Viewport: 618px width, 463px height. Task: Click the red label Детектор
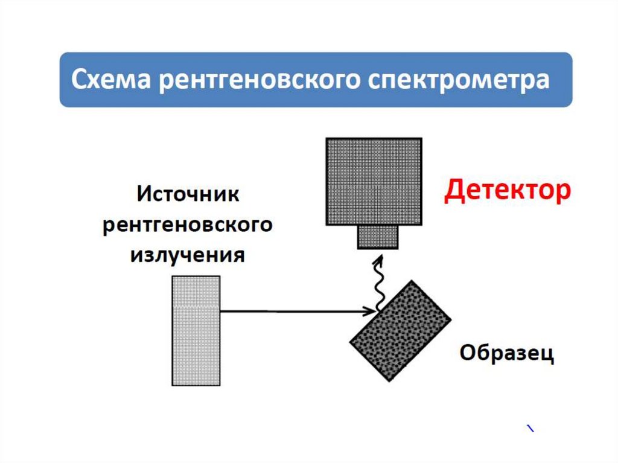point(507,191)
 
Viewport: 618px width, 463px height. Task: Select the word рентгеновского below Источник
point(188,226)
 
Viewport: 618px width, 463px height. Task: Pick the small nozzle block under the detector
point(378,236)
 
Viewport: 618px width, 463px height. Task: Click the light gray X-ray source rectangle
point(196,330)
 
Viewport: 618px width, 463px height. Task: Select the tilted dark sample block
point(401,330)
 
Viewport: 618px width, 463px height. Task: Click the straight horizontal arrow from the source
point(290,311)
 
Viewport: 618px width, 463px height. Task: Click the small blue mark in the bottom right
point(530,429)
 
